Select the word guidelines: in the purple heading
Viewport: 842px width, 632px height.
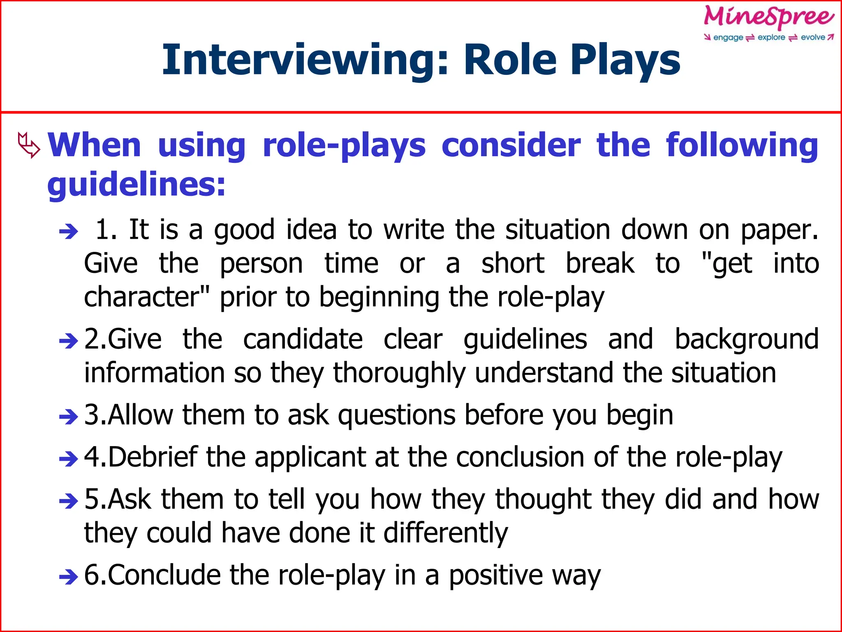click(x=136, y=185)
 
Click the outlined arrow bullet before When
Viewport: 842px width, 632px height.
click(x=29, y=145)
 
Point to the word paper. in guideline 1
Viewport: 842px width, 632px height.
click(x=780, y=230)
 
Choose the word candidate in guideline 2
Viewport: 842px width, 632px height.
click(x=303, y=339)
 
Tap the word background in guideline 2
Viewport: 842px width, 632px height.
click(x=747, y=339)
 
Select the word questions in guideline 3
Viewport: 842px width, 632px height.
click(x=397, y=416)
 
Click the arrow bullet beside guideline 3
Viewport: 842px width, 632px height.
click(x=68, y=417)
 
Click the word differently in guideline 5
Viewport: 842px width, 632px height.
click(x=446, y=534)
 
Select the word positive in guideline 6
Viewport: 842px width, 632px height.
click(x=496, y=576)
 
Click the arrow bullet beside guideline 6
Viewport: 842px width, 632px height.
click(x=68, y=576)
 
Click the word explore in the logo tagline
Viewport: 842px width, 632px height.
click(x=771, y=37)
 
